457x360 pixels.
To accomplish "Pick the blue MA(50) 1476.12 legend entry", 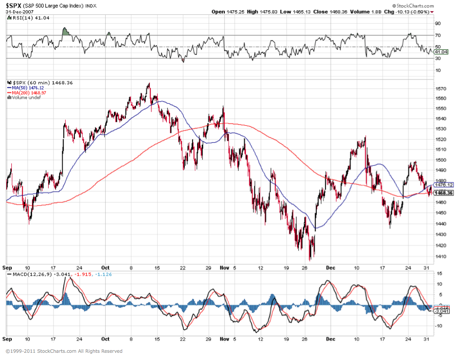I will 25,88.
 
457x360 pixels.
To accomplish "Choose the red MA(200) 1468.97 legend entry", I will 27,92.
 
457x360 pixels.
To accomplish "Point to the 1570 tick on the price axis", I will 439,88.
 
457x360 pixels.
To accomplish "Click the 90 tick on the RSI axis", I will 437,24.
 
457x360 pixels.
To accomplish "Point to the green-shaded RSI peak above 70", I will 65,31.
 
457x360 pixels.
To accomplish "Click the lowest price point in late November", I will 311,259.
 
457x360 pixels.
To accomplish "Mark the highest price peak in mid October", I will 149,83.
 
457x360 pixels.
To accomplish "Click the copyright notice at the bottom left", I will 64,351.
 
